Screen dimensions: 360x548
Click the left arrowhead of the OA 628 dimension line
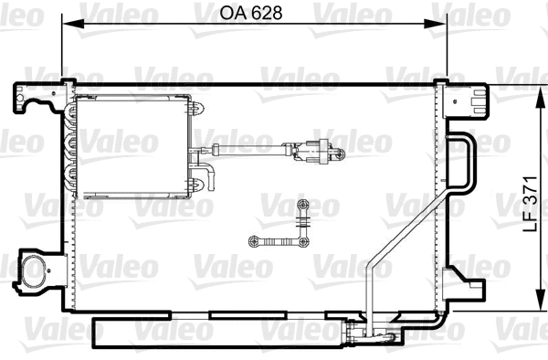(67, 25)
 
